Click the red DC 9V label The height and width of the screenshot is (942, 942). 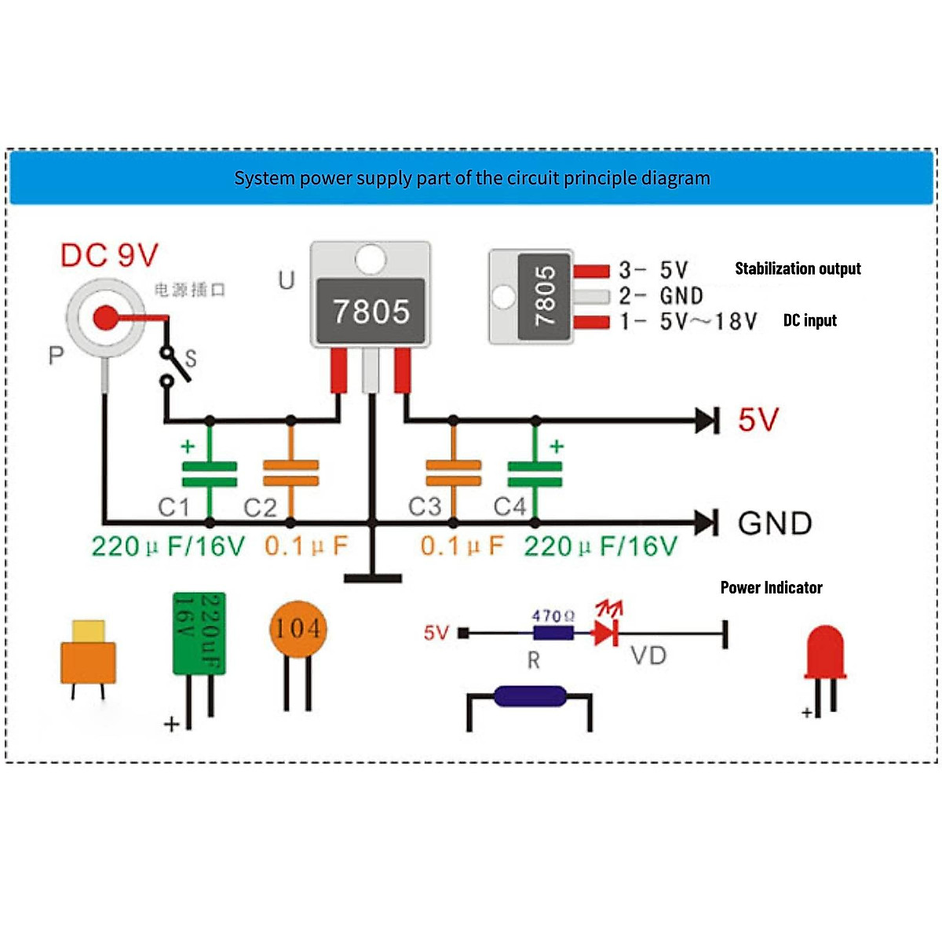109,255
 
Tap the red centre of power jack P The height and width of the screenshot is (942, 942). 104,318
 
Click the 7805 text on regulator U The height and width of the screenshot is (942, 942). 371,312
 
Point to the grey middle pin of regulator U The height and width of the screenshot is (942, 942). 371,371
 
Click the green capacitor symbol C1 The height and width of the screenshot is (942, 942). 210,474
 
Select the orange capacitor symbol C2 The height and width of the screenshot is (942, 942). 291,474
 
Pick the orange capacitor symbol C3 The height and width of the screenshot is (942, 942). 453,474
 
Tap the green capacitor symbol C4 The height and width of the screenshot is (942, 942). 535,474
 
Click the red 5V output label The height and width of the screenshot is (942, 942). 758,420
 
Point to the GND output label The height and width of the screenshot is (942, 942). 775,523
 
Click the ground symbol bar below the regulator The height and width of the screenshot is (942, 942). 373,579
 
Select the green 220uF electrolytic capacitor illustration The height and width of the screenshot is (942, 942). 199,633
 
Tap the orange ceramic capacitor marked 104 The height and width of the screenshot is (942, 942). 298,629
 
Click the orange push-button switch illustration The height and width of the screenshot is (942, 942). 88,655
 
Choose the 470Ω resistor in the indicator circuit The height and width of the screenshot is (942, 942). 553,631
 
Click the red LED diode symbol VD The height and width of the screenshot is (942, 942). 605,631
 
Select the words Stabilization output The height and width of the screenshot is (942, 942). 798,268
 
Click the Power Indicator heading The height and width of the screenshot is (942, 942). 771,587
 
